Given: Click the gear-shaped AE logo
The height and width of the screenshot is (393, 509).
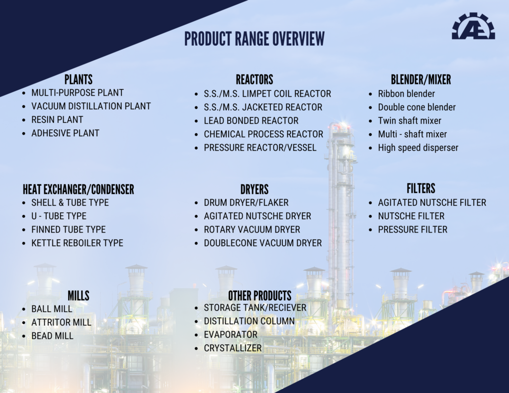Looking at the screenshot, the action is (473, 26).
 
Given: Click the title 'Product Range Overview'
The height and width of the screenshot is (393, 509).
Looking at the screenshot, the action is (254, 39).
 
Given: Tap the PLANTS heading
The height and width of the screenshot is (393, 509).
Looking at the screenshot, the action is (78, 79).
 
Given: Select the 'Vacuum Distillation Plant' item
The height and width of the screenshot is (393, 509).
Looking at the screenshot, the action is (91, 106).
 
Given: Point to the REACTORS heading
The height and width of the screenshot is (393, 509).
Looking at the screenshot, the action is (254, 79).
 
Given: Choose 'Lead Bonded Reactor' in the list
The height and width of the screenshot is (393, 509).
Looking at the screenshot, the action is (251, 121).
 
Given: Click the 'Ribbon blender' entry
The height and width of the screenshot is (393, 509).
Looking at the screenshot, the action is (406, 94).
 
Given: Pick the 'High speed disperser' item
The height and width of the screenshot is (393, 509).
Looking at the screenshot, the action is (418, 148).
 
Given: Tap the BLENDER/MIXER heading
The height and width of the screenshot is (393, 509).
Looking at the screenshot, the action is (421, 79).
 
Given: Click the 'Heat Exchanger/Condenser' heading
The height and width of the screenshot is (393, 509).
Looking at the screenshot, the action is (78, 189).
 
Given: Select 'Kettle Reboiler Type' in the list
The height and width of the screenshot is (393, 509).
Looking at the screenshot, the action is (77, 243).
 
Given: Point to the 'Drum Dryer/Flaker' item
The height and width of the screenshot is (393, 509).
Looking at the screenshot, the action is (246, 203).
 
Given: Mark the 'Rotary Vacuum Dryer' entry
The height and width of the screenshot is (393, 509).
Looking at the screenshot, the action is (252, 230).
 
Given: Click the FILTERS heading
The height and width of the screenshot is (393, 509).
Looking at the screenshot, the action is (421, 188).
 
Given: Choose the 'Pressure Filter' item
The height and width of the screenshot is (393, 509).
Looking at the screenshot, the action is (413, 230).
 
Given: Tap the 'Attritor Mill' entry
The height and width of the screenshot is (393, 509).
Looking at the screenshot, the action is (61, 322).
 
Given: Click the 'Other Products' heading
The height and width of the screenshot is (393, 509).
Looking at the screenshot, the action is (259, 296).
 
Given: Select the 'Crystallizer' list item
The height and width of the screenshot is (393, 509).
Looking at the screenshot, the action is (233, 348).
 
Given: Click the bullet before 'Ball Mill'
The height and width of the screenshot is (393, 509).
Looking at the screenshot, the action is (24, 309).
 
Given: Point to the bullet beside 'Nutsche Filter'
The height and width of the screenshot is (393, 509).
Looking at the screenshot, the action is (370, 217).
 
